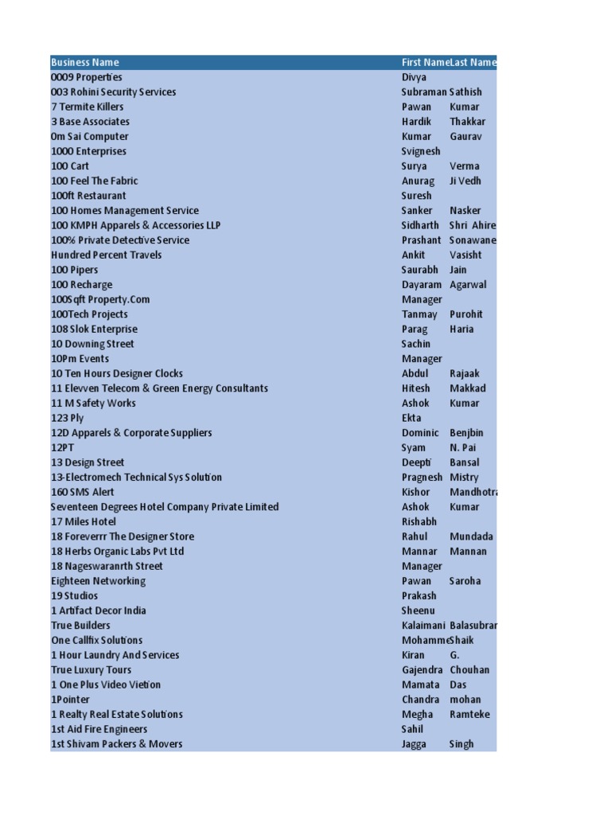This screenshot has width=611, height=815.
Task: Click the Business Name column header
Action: [85, 62]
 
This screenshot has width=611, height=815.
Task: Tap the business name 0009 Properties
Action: [87, 77]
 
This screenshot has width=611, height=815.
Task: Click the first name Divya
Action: [414, 77]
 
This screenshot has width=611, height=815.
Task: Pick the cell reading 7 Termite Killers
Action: [88, 107]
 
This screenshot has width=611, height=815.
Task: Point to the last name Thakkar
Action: [467, 122]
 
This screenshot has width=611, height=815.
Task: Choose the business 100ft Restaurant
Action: [88, 196]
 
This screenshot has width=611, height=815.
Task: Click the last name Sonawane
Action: [473, 240]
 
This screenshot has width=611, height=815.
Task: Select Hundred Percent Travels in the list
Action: [107, 255]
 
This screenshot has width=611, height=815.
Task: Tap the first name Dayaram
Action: [422, 285]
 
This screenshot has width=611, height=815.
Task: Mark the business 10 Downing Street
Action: [92, 344]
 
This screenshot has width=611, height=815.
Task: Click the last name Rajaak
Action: [465, 373]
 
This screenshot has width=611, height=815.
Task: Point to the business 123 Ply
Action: [67, 418]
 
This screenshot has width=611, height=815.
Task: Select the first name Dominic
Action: [420, 433]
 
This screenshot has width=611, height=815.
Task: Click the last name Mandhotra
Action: [473, 492]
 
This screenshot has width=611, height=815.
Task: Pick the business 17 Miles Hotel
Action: [84, 521]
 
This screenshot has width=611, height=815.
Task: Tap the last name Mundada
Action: [471, 536]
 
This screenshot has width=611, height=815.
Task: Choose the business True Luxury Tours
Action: [91, 670]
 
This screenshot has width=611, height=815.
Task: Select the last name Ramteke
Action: [469, 714]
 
